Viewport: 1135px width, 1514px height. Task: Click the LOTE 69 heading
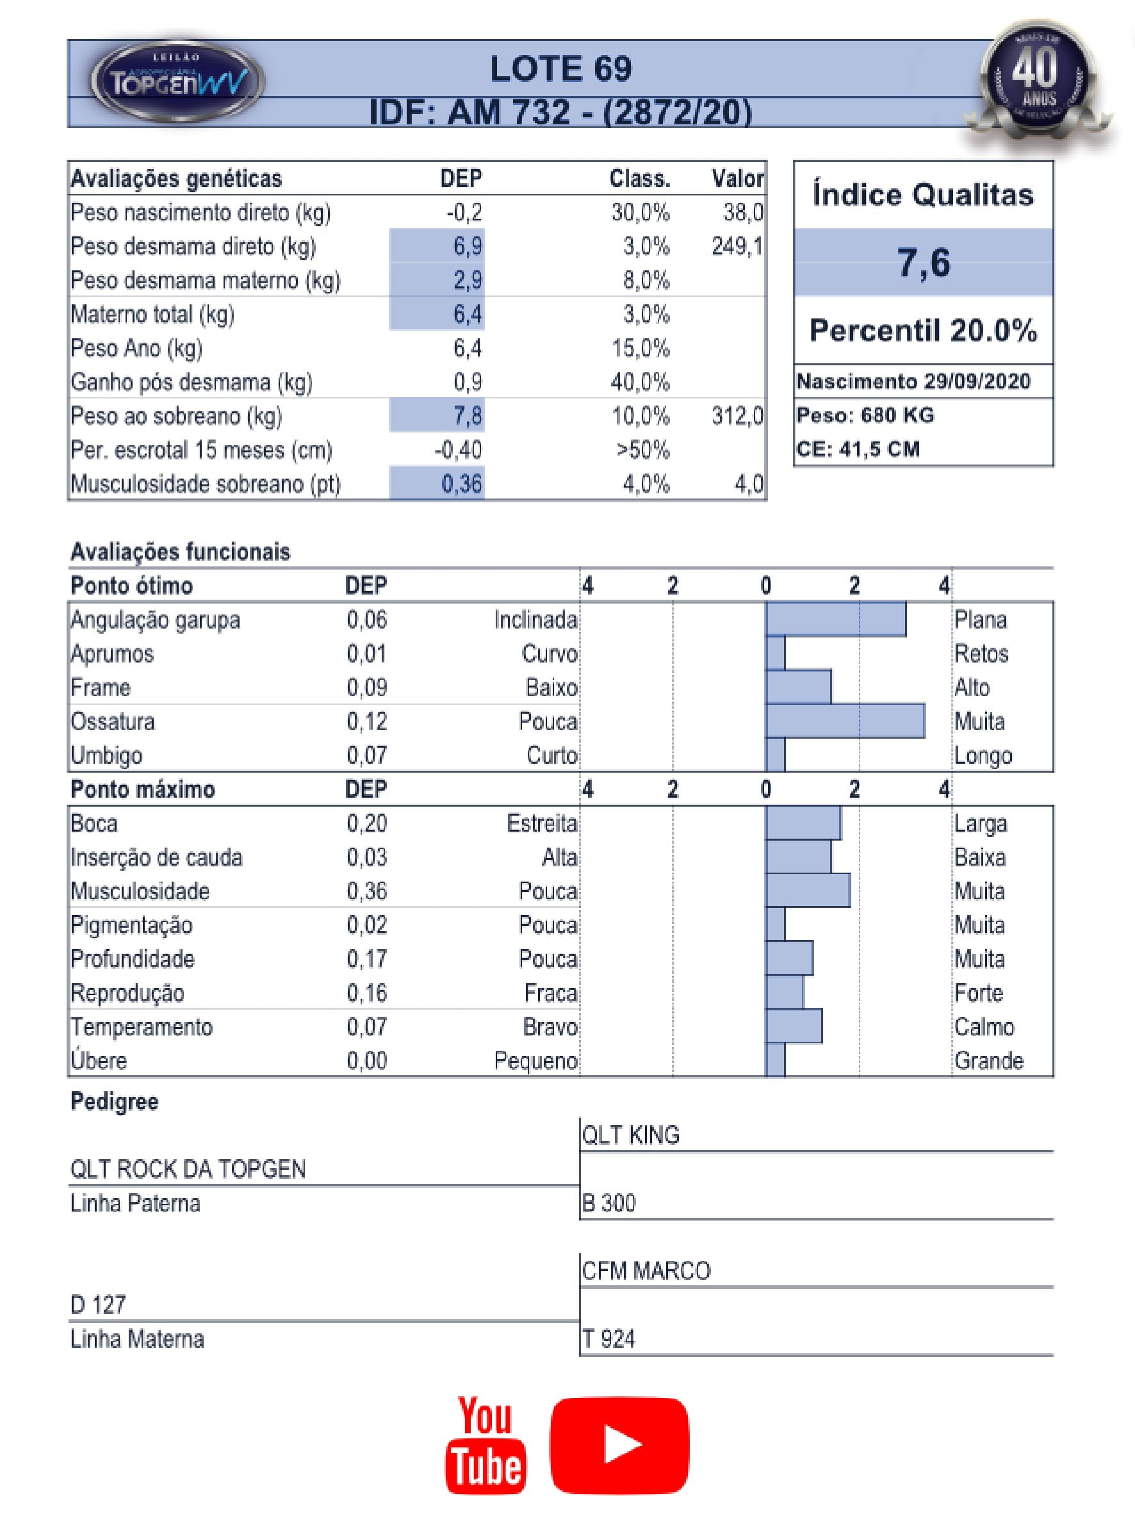pyautogui.click(x=560, y=69)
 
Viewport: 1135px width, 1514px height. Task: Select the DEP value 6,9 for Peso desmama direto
pyautogui.click(x=468, y=247)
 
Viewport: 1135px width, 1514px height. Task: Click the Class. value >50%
pyautogui.click(x=642, y=450)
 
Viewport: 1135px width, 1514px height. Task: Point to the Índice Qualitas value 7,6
pyautogui.click(x=923, y=263)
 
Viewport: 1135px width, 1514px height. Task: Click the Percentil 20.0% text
pyautogui.click(x=923, y=331)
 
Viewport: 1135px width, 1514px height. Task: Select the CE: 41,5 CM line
pyautogui.click(x=858, y=449)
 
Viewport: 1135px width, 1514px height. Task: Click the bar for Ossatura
pyautogui.click(x=845, y=721)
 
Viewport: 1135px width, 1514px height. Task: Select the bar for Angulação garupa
pyautogui.click(x=835, y=620)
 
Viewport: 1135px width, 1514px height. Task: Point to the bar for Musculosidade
pyautogui.click(x=808, y=891)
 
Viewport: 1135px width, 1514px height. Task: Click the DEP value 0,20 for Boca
pyautogui.click(x=367, y=823)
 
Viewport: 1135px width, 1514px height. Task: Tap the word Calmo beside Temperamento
pyautogui.click(x=984, y=1026)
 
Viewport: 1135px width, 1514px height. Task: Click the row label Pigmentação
pyautogui.click(x=131, y=925)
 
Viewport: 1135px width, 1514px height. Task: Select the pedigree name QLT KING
pyautogui.click(x=630, y=1135)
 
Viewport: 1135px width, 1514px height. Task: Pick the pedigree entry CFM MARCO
pyautogui.click(x=646, y=1271)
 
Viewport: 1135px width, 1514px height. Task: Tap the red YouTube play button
pyautogui.click(x=619, y=1444)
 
